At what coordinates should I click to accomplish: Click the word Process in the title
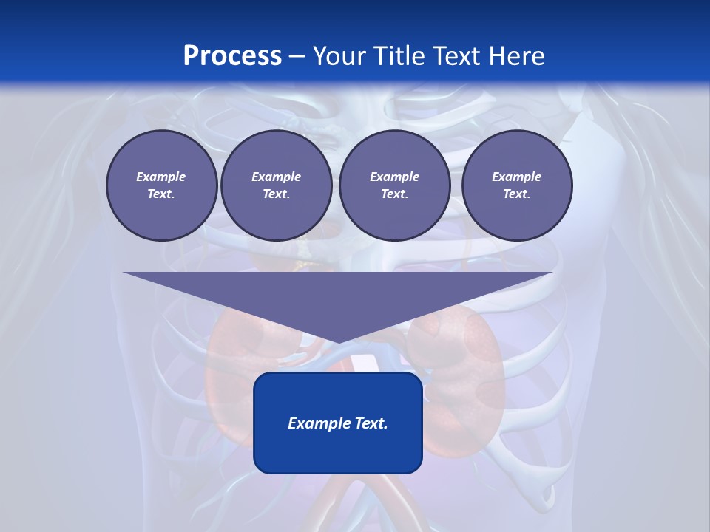[232, 56]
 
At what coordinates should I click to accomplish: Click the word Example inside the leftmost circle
[161, 177]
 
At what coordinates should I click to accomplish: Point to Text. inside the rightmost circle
[516, 194]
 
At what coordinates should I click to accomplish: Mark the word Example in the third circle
[394, 177]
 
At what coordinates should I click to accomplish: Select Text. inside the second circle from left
[276, 194]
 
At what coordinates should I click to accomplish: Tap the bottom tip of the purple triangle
[338, 341]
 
